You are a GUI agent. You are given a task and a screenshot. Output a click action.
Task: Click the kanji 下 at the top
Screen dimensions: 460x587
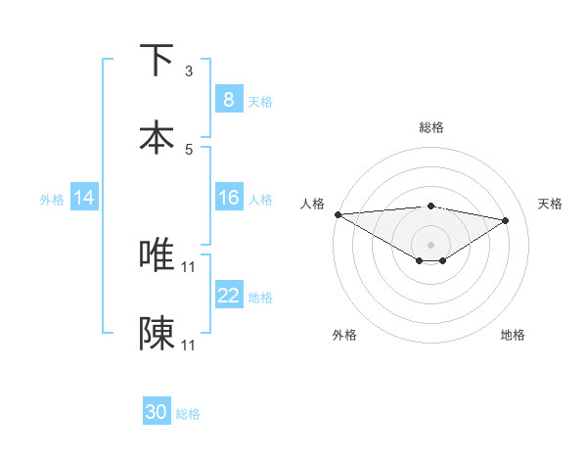coord(157,61)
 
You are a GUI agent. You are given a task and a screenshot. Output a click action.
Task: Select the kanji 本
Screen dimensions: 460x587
coord(157,137)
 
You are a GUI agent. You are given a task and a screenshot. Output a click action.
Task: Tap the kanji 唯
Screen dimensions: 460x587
coord(157,254)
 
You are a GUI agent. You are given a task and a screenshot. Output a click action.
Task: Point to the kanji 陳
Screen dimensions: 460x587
coord(157,333)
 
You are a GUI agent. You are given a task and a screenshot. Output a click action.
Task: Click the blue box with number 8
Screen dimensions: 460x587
coord(228,99)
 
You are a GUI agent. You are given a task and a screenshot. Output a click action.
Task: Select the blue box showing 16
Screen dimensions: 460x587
coord(228,198)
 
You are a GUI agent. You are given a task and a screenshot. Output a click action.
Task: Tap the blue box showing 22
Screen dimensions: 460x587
coord(228,296)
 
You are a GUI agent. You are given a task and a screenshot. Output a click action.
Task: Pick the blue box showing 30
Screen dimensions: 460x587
coord(157,412)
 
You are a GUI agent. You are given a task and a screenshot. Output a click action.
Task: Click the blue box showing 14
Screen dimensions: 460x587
coord(83,198)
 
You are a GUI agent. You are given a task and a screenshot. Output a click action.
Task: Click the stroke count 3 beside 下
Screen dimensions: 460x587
coord(189,71)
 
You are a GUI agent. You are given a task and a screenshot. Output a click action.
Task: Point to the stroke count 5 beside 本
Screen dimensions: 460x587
coord(189,149)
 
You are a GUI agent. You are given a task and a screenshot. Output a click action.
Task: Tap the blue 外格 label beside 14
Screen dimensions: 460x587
coord(52,199)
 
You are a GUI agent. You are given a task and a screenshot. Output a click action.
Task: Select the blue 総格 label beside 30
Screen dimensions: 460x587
coord(188,414)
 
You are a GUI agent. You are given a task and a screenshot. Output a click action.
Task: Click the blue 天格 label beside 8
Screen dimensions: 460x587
coord(260,101)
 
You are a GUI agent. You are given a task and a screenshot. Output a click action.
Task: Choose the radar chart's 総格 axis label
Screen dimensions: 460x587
coord(431,127)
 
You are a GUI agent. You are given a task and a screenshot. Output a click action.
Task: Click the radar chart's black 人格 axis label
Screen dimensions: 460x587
coord(312,204)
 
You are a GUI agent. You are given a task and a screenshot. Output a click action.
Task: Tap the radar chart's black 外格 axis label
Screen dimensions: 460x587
coord(343,335)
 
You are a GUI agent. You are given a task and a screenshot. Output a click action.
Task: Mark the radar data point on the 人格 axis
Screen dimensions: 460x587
coord(338,214)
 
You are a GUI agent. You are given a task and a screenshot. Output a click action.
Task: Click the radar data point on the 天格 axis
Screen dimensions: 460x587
coord(506,220)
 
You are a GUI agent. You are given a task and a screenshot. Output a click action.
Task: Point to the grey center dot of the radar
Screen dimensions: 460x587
coord(430,244)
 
